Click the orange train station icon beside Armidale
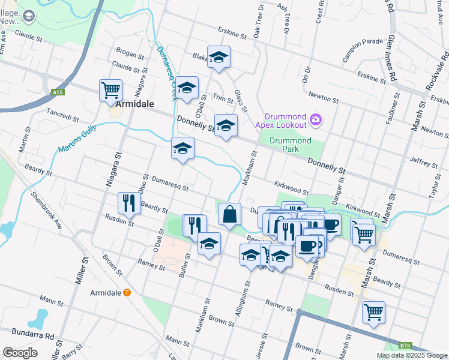(x=127, y=292)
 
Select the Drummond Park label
(x=290, y=145)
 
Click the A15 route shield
(x=58, y=92)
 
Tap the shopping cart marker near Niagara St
(x=111, y=91)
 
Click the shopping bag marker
(x=230, y=214)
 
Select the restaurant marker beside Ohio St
(x=127, y=203)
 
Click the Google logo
(x=20, y=352)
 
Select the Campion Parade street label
(x=363, y=42)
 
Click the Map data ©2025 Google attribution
(x=412, y=355)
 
